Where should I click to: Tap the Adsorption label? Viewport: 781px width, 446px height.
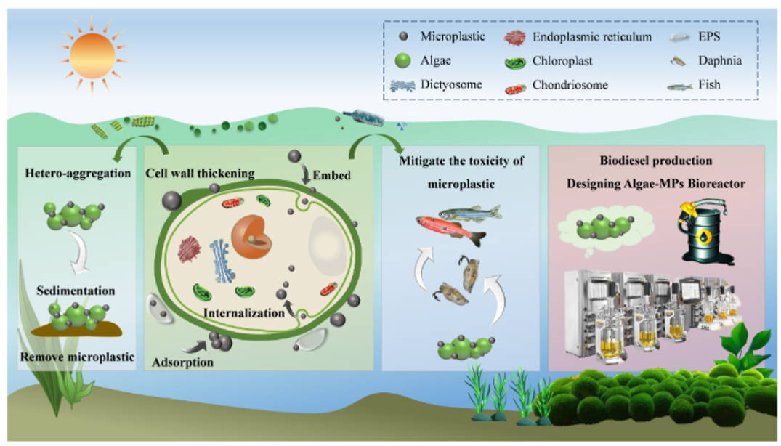pyautogui.click(x=183, y=361)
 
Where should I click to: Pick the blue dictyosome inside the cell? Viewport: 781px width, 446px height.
pyautogui.click(x=221, y=260)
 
